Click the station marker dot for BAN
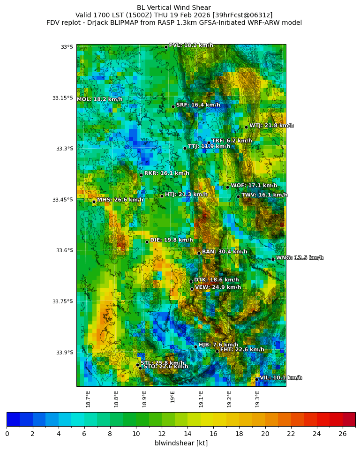tap(199, 253)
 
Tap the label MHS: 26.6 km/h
tap(120, 200)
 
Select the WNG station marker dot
tap(273, 259)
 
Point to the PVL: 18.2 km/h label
tap(191, 45)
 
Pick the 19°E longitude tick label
tap(173, 397)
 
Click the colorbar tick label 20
tap(265, 434)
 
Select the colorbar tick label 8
tap(110, 434)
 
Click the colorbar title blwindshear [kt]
tap(181, 443)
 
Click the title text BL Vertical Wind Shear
tap(174, 8)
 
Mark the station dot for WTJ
tap(246, 127)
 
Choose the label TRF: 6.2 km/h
tap(232, 141)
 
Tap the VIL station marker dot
tap(257, 379)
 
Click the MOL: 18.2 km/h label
tap(99, 99)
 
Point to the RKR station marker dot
tap(141, 175)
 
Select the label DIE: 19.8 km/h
tap(171, 240)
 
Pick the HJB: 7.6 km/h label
tap(218, 345)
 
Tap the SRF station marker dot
tap(173, 106)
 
